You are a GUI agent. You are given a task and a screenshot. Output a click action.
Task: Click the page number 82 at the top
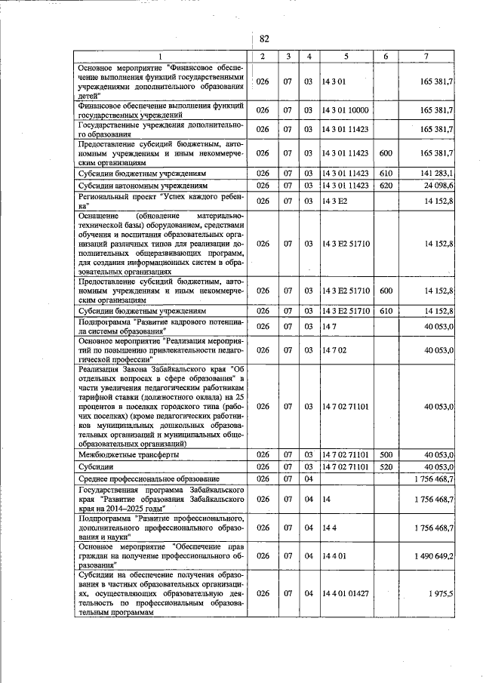(263, 39)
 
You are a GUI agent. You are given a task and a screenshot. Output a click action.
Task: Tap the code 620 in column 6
(385, 185)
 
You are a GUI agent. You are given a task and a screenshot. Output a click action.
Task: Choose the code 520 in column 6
(385, 468)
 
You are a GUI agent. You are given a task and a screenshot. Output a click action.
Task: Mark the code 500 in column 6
(385, 455)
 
